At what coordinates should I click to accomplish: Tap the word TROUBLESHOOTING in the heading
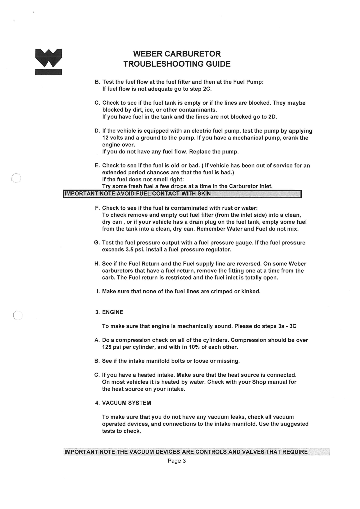pyautogui.click(x=159, y=64)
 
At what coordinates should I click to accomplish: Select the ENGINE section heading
pyautogui.click(x=113, y=312)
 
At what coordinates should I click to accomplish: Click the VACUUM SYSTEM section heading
pyautogui.click(x=126, y=403)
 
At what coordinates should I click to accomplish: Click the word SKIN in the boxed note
pyautogui.click(x=204, y=194)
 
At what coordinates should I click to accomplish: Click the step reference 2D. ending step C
pyautogui.click(x=272, y=117)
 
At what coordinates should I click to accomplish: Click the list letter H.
pyautogui.click(x=97, y=264)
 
